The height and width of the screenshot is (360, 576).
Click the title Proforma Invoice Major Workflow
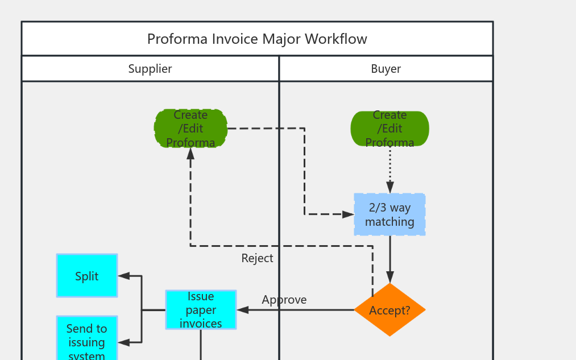click(x=257, y=39)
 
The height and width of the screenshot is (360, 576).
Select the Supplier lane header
click(x=150, y=69)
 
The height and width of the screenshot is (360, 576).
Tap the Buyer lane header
click(x=386, y=69)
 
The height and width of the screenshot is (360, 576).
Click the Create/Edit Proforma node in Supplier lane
click(x=190, y=129)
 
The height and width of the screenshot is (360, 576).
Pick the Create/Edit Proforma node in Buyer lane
click(x=389, y=129)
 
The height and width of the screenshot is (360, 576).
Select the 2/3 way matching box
click(x=389, y=214)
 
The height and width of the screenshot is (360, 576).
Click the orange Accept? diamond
click(x=389, y=310)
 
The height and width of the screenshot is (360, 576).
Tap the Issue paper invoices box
click(x=201, y=310)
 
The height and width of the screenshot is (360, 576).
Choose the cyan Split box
click(x=87, y=276)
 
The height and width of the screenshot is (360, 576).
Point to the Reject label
click(x=257, y=258)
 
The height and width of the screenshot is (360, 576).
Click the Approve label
click(x=284, y=300)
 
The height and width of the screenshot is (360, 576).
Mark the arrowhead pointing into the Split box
click(x=124, y=276)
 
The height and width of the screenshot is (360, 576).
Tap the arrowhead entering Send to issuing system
click(x=124, y=342)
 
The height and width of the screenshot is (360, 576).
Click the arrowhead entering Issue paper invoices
click(x=243, y=310)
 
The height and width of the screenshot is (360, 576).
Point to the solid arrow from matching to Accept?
click(x=390, y=256)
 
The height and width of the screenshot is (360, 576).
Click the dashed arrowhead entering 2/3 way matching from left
click(x=348, y=214)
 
